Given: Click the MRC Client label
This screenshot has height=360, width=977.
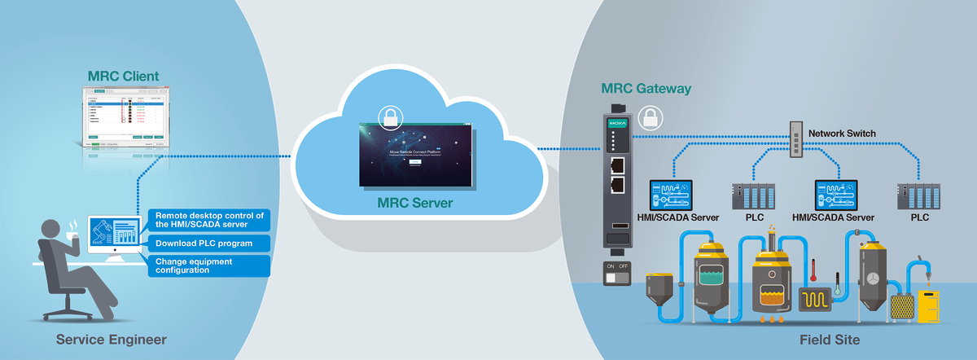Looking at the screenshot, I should pos(124,77).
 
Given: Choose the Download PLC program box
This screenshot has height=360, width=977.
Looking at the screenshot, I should pos(209,243).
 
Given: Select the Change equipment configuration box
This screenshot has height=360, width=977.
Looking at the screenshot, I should pos(209,266).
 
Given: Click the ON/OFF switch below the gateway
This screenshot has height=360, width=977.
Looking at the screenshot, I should pos(616,274).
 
